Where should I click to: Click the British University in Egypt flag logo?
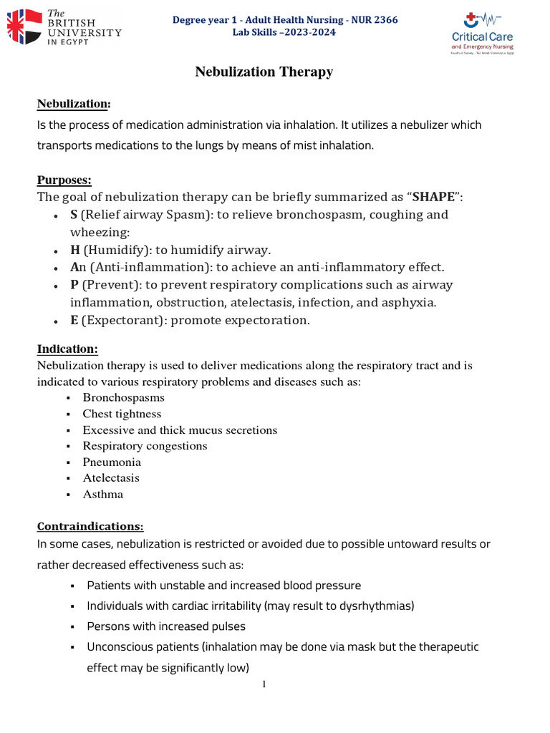click(24, 26)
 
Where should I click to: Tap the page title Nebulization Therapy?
click(264, 72)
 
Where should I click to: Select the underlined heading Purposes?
click(64, 180)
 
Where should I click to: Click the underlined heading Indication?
click(67, 349)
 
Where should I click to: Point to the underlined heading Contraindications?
click(90, 526)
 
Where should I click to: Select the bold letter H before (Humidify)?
click(74, 250)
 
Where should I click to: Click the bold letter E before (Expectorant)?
click(74, 320)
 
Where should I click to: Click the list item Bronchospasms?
click(123, 397)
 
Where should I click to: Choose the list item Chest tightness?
click(122, 414)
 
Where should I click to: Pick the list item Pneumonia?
click(112, 462)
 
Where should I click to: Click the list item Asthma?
click(102, 494)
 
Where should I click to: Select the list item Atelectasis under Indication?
click(111, 477)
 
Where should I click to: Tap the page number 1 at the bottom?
click(264, 684)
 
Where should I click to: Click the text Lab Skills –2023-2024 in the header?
click(284, 32)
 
